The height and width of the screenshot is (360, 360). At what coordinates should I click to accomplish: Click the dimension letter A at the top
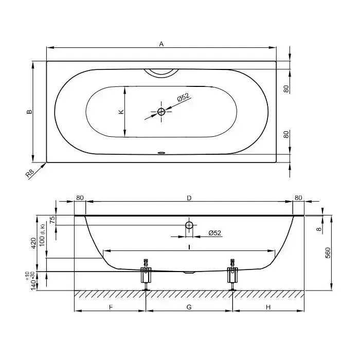click(161, 44)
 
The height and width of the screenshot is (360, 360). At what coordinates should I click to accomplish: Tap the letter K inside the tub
click(120, 112)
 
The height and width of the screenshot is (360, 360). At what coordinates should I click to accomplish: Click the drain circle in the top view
click(161, 112)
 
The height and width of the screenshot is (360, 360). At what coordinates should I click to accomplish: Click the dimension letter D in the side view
click(189, 197)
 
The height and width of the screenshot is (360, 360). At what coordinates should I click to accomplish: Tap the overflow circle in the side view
click(189, 225)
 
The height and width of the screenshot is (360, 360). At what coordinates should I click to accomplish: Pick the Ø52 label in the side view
click(215, 233)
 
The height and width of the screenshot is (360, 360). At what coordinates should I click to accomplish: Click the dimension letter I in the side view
click(189, 247)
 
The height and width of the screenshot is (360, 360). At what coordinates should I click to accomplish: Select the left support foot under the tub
click(147, 276)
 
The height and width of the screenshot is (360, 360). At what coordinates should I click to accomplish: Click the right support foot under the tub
click(232, 276)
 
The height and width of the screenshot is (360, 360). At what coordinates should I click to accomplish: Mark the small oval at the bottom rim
click(161, 152)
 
